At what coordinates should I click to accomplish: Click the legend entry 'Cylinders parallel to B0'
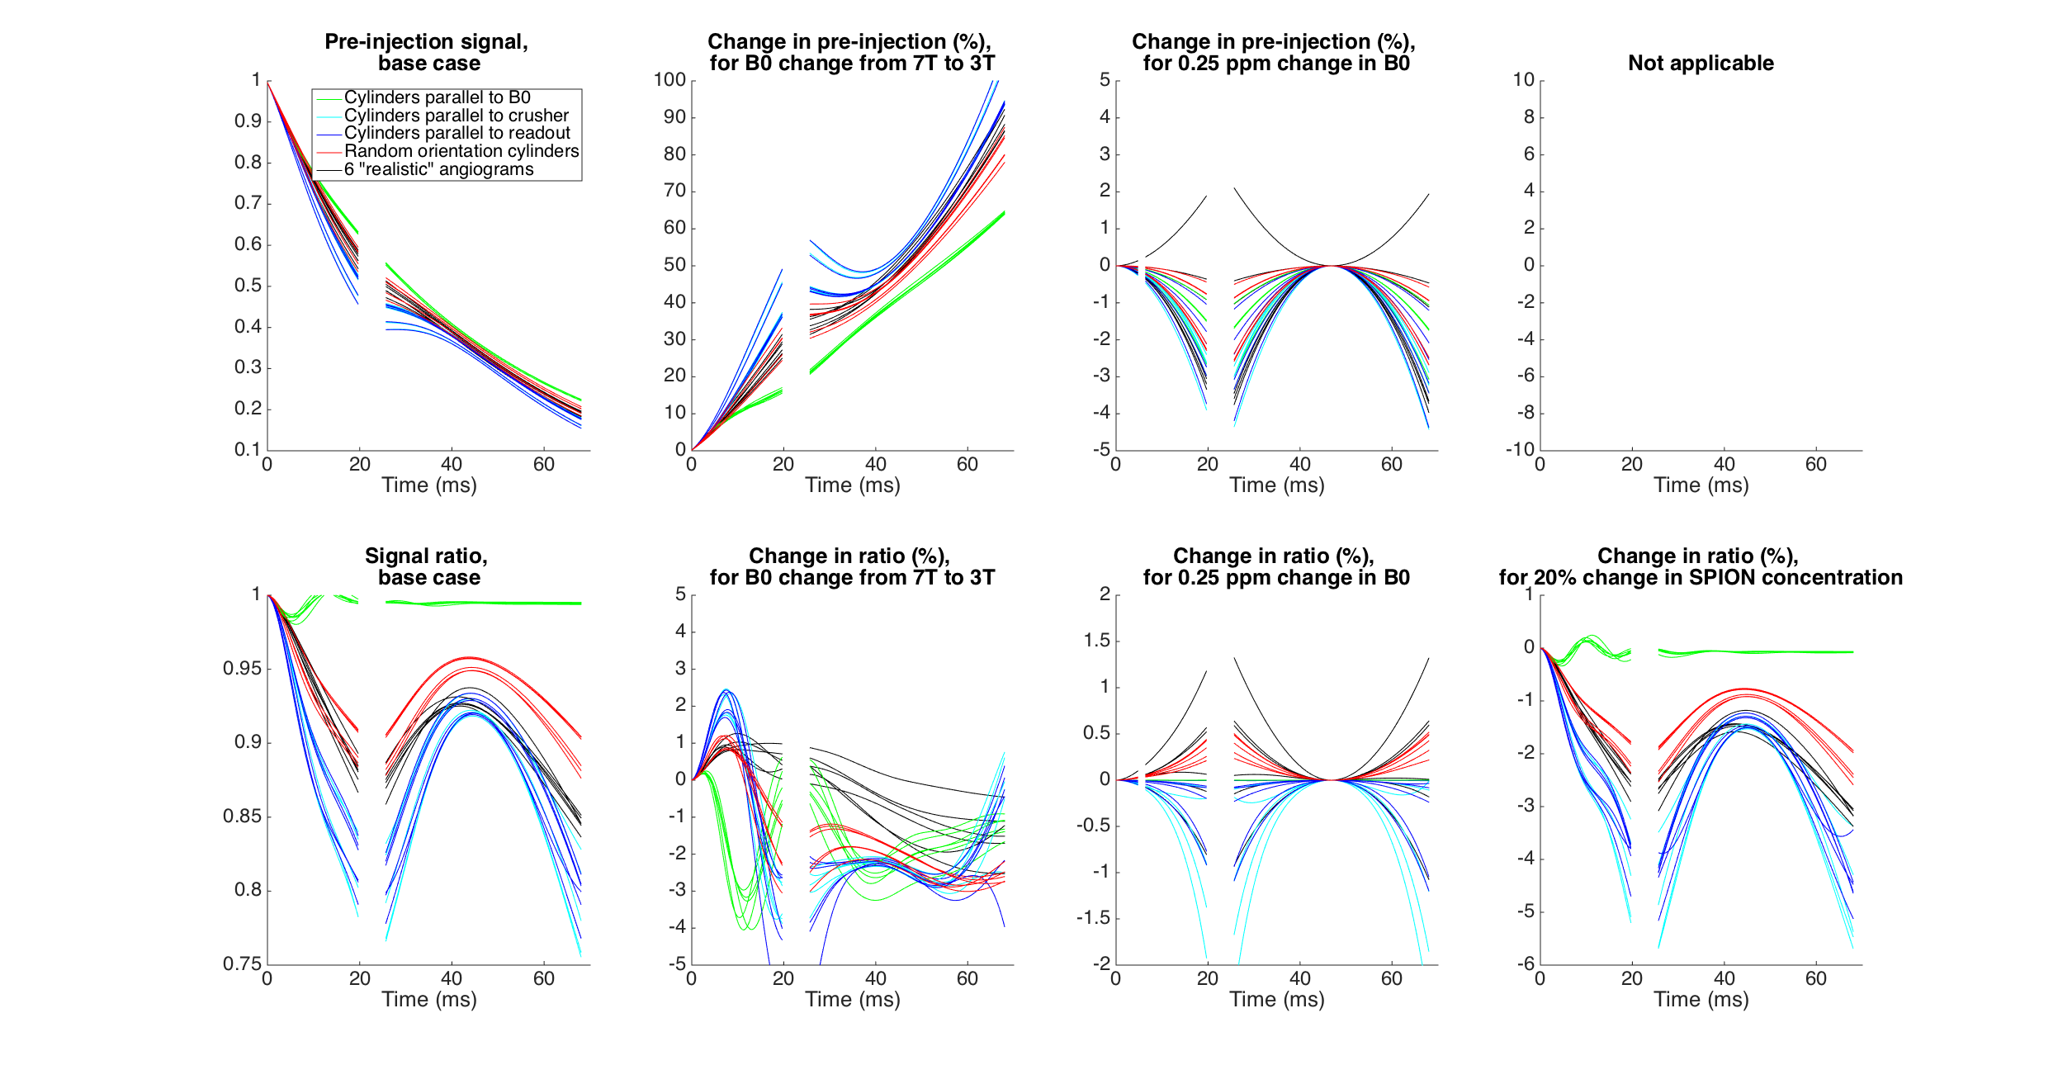click(437, 97)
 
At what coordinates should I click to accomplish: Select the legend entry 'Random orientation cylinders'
click(461, 151)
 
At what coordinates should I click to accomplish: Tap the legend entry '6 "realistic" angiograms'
click(438, 169)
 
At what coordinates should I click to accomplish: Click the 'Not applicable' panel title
click(1700, 64)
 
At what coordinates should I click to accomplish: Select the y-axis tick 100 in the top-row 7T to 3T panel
click(669, 80)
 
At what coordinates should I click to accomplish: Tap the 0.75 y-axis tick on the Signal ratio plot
click(242, 963)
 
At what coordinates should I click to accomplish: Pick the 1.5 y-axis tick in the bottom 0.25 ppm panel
click(1096, 641)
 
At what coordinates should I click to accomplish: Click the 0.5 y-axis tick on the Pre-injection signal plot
click(248, 286)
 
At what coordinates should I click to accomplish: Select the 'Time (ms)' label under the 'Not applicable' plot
click(1701, 485)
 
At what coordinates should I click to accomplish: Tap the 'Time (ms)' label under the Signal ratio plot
click(428, 1000)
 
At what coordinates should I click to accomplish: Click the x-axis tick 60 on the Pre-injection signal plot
click(543, 465)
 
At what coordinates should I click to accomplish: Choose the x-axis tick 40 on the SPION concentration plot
click(1724, 979)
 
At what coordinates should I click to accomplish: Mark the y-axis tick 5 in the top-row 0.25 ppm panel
click(1105, 80)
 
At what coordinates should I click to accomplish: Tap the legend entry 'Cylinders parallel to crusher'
click(456, 116)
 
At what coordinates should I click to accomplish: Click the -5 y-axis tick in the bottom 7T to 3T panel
click(677, 963)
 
